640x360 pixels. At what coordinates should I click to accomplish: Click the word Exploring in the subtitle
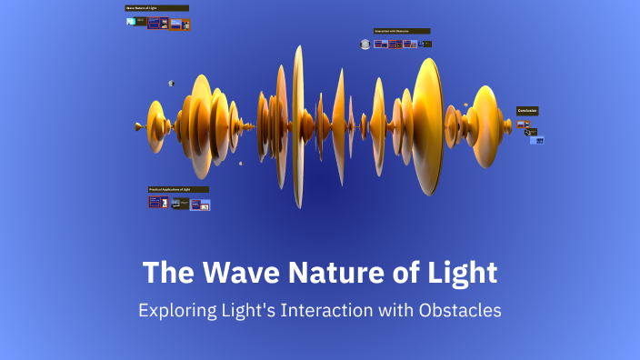(x=174, y=310)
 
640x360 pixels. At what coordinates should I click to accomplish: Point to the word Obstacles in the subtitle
(x=461, y=310)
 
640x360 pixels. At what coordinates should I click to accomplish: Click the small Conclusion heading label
(x=528, y=111)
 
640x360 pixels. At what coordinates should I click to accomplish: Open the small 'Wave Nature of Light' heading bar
(x=156, y=8)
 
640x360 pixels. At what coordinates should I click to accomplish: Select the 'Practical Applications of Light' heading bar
(x=178, y=189)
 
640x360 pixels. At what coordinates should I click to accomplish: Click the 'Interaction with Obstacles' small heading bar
(x=401, y=31)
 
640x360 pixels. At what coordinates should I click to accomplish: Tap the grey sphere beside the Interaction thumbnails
(x=365, y=44)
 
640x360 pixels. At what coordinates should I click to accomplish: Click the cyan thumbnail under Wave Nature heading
(x=132, y=21)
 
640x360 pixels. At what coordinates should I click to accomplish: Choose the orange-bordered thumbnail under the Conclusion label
(x=525, y=124)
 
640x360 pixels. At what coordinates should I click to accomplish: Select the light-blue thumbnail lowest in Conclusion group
(x=537, y=140)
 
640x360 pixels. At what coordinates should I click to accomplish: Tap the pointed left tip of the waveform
(x=136, y=126)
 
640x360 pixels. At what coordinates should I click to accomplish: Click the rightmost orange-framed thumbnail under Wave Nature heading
(x=185, y=24)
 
